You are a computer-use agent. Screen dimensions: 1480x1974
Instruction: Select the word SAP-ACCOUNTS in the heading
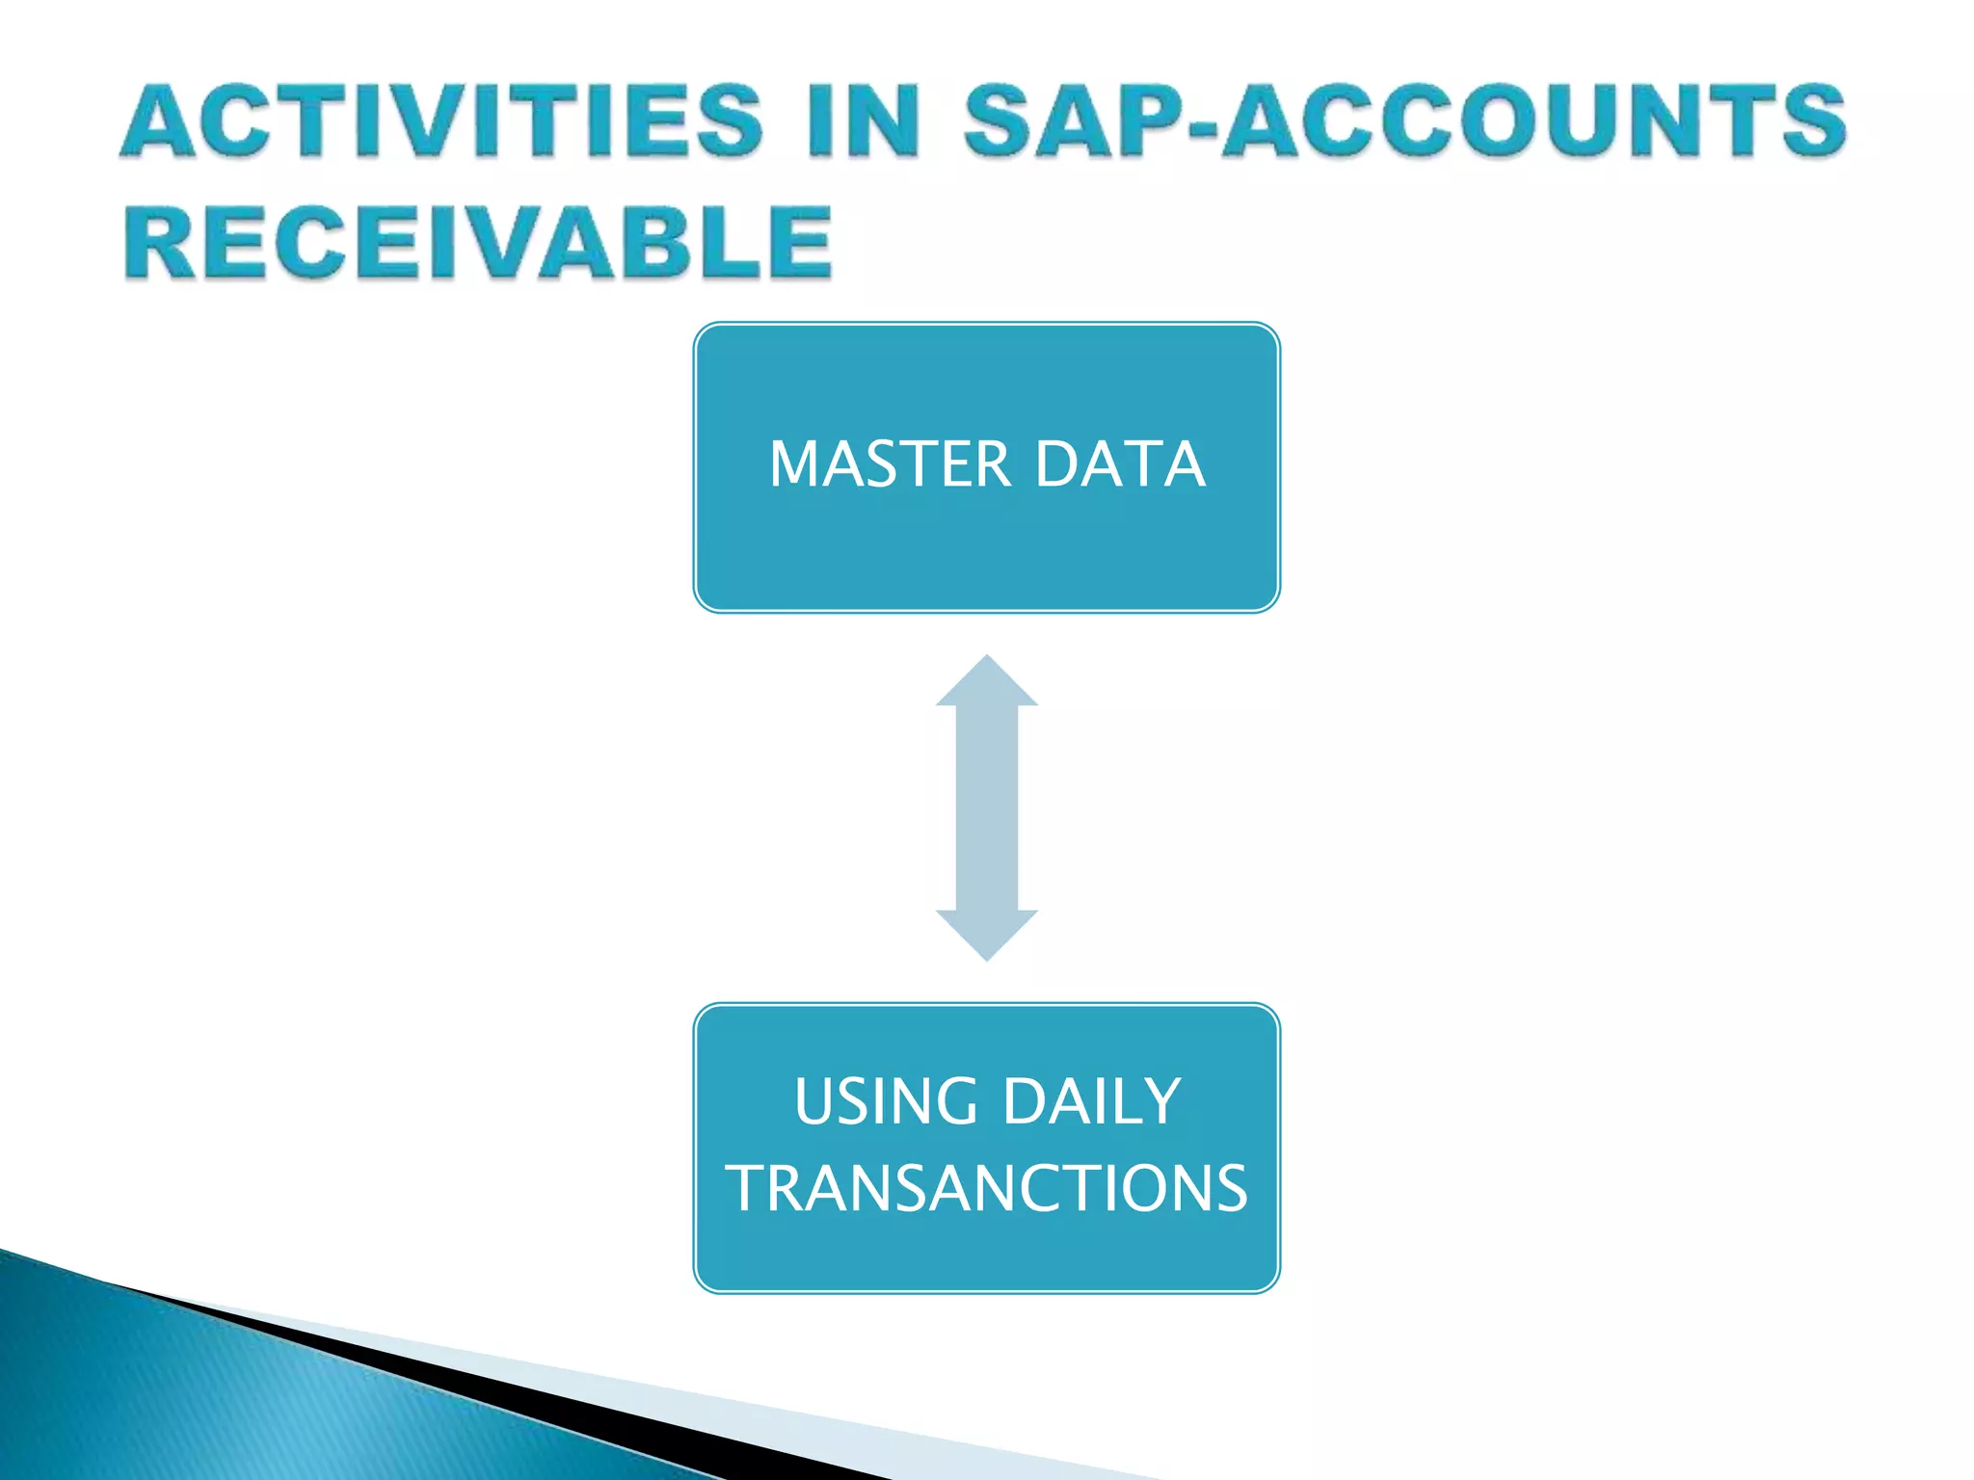[1404, 121]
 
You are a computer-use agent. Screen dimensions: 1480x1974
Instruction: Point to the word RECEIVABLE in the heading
[477, 243]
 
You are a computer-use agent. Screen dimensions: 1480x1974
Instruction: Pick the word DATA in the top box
[1120, 464]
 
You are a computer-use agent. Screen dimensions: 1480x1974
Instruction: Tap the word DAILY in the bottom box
[1091, 1101]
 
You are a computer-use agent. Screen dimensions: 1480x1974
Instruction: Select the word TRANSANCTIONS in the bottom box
[987, 1188]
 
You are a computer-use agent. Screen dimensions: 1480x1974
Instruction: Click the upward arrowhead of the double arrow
[986, 683]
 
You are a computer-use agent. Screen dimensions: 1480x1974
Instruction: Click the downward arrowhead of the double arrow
[986, 934]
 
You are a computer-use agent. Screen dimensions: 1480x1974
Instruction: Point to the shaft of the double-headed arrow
[986, 807]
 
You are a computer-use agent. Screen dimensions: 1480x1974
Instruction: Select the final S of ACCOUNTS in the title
[1812, 121]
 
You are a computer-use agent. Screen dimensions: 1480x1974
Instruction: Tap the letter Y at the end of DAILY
[1163, 1101]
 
